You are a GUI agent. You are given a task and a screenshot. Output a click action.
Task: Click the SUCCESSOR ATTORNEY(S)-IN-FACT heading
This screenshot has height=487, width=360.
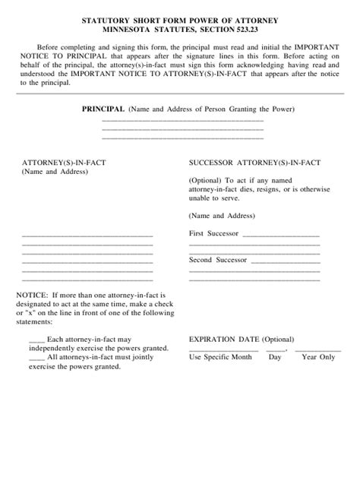[x=254, y=163]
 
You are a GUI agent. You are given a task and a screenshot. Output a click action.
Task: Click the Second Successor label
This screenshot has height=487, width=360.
[x=217, y=260]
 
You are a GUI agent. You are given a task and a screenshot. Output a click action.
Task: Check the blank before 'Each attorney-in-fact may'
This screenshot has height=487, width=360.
[x=36, y=339]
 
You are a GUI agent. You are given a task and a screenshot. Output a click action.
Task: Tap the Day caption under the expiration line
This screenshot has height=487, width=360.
[x=275, y=356]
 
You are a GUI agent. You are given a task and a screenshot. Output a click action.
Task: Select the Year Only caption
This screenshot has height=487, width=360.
[x=318, y=356]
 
